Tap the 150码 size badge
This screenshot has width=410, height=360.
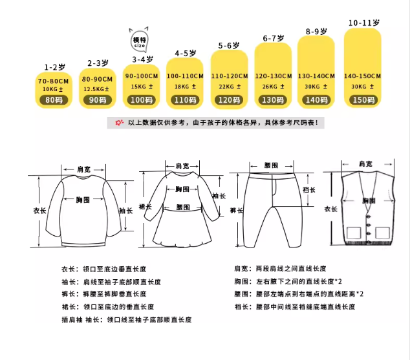click(362, 100)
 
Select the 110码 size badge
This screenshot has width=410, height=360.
click(186, 100)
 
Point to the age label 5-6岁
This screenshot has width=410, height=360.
click(230, 46)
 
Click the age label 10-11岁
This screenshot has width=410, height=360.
click(363, 23)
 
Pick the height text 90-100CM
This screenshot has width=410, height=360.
click(142, 76)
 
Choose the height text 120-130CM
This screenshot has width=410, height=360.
click(274, 76)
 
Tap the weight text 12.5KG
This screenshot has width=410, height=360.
click(96, 89)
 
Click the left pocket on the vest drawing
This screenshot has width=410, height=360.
click(354, 233)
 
